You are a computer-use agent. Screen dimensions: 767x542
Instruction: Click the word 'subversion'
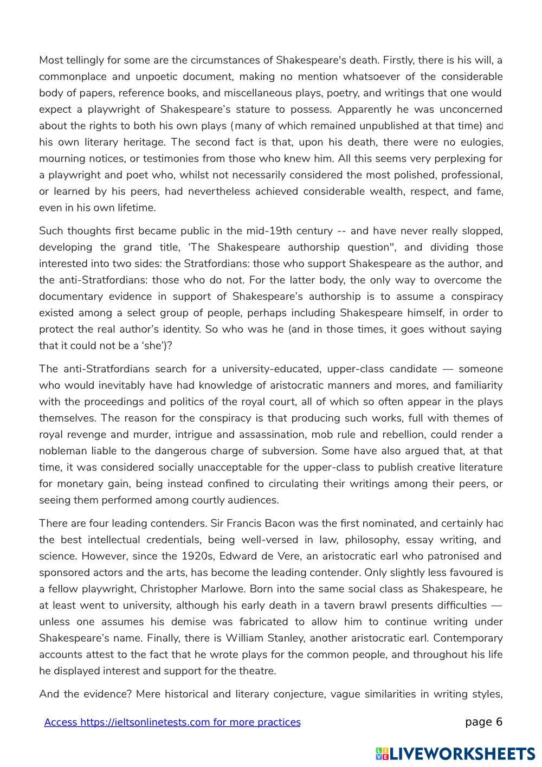tap(290, 451)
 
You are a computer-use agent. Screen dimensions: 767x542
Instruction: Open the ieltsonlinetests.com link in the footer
tap(172, 723)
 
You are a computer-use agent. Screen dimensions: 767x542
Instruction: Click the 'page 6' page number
tap(483, 722)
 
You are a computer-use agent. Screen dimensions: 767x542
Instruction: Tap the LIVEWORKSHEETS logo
tap(455, 753)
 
